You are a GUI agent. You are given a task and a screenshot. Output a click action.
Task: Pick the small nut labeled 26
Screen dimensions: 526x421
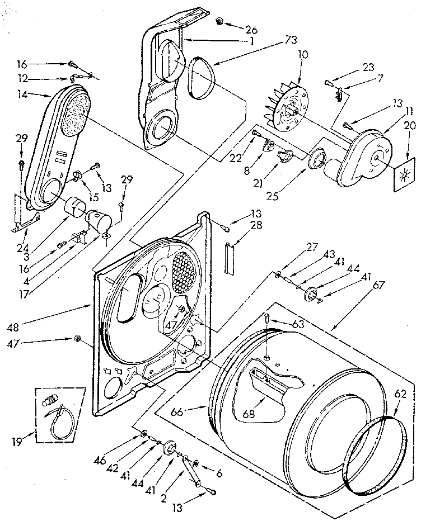(219, 22)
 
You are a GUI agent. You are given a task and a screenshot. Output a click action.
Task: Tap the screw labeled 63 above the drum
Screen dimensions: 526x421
(266, 319)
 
